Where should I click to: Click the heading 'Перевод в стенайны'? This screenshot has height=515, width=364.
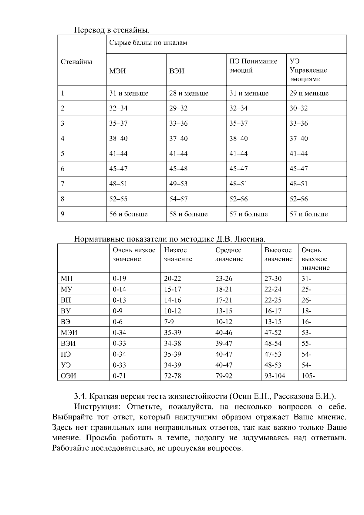click(x=112, y=30)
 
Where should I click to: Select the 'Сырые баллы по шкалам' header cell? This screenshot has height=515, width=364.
click(x=148, y=43)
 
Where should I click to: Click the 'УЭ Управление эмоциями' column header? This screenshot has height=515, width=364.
click(x=308, y=70)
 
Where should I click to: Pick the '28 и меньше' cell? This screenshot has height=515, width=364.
click(x=189, y=93)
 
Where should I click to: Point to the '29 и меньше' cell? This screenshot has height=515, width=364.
click(x=309, y=93)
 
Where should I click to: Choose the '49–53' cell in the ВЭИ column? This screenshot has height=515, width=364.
click(x=178, y=184)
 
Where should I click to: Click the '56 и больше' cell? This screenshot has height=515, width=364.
click(x=128, y=214)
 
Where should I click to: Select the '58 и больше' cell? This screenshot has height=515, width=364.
click(x=188, y=214)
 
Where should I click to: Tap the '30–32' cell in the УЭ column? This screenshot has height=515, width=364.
click(x=298, y=108)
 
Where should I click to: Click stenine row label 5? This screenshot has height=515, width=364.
click(x=63, y=154)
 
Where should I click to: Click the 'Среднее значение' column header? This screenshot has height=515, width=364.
click(x=229, y=255)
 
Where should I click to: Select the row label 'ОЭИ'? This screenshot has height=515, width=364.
click(x=68, y=376)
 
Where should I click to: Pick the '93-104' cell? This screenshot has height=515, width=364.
click(x=275, y=376)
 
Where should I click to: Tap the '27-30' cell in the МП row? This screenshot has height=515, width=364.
click(x=273, y=279)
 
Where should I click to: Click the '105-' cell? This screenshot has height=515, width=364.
click(x=308, y=376)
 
